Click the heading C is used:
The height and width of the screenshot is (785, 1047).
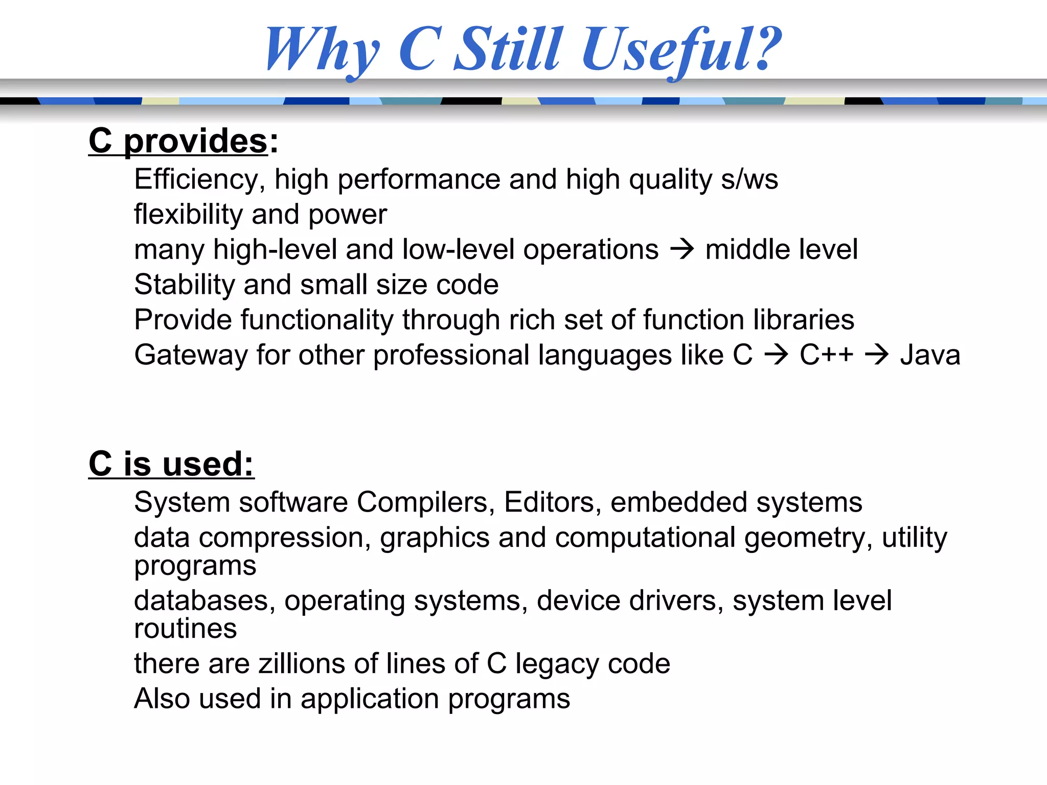coord(171,464)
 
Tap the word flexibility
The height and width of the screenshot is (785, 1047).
coord(188,214)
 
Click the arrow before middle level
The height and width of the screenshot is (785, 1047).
coord(682,250)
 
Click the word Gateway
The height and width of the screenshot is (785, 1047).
coord(191,355)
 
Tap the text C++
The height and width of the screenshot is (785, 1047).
coord(826,355)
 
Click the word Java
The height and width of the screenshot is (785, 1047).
coord(930,355)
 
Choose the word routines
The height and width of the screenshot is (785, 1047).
coord(186,629)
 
